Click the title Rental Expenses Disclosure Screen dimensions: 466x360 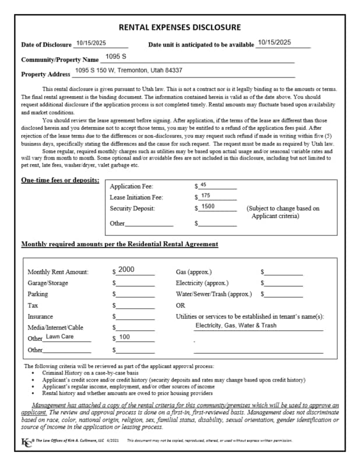[x=179, y=27]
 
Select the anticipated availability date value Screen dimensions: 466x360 [x=274, y=43]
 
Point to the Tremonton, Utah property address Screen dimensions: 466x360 [x=129, y=70]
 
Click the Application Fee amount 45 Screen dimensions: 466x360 [x=203, y=185]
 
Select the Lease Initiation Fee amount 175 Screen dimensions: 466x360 [x=206, y=196]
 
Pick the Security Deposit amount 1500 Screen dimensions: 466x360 [x=208, y=207]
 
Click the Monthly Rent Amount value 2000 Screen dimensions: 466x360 [x=126, y=270]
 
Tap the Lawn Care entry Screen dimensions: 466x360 [x=59, y=337]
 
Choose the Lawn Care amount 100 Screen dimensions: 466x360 [x=125, y=337]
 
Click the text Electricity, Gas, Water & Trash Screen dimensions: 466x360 [x=236, y=326]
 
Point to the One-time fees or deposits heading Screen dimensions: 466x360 [x=60, y=181]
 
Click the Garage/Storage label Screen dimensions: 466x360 [x=48, y=283]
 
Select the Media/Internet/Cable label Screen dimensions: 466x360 [x=55, y=327]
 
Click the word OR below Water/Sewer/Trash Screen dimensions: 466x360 [x=181, y=305]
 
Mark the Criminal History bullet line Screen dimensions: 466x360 [x=90, y=372]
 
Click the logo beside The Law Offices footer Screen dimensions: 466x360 [x=26, y=440]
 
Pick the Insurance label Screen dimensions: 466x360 [x=40, y=316]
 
